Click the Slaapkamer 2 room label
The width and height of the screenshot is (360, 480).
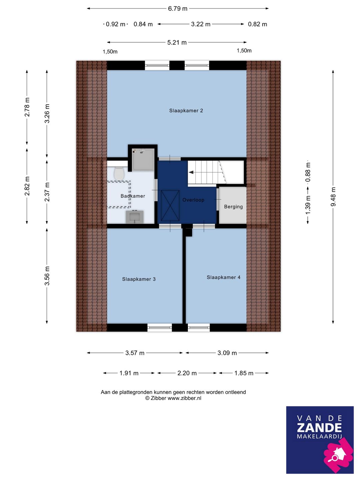point(186,111)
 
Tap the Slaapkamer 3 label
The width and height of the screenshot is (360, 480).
point(139,279)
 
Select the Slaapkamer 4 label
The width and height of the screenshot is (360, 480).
point(224,277)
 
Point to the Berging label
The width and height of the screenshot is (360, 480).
point(233,207)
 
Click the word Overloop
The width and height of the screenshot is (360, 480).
point(193,200)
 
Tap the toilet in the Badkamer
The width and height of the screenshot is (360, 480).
point(119,174)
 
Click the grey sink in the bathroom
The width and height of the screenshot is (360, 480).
point(135,217)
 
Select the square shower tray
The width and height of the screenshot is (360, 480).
point(143,159)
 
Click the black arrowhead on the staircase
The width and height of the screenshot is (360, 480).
point(191,172)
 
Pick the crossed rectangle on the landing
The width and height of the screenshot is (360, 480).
point(170,206)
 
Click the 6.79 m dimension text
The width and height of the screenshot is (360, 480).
point(178,9)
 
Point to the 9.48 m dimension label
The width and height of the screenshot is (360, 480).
point(333,196)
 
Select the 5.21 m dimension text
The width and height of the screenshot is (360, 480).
point(177,42)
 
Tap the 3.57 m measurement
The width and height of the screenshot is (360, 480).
point(135,353)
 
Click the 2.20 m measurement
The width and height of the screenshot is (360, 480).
point(187,373)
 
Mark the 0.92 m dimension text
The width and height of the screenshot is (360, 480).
point(115,24)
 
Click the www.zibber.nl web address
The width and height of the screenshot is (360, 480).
point(184,398)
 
